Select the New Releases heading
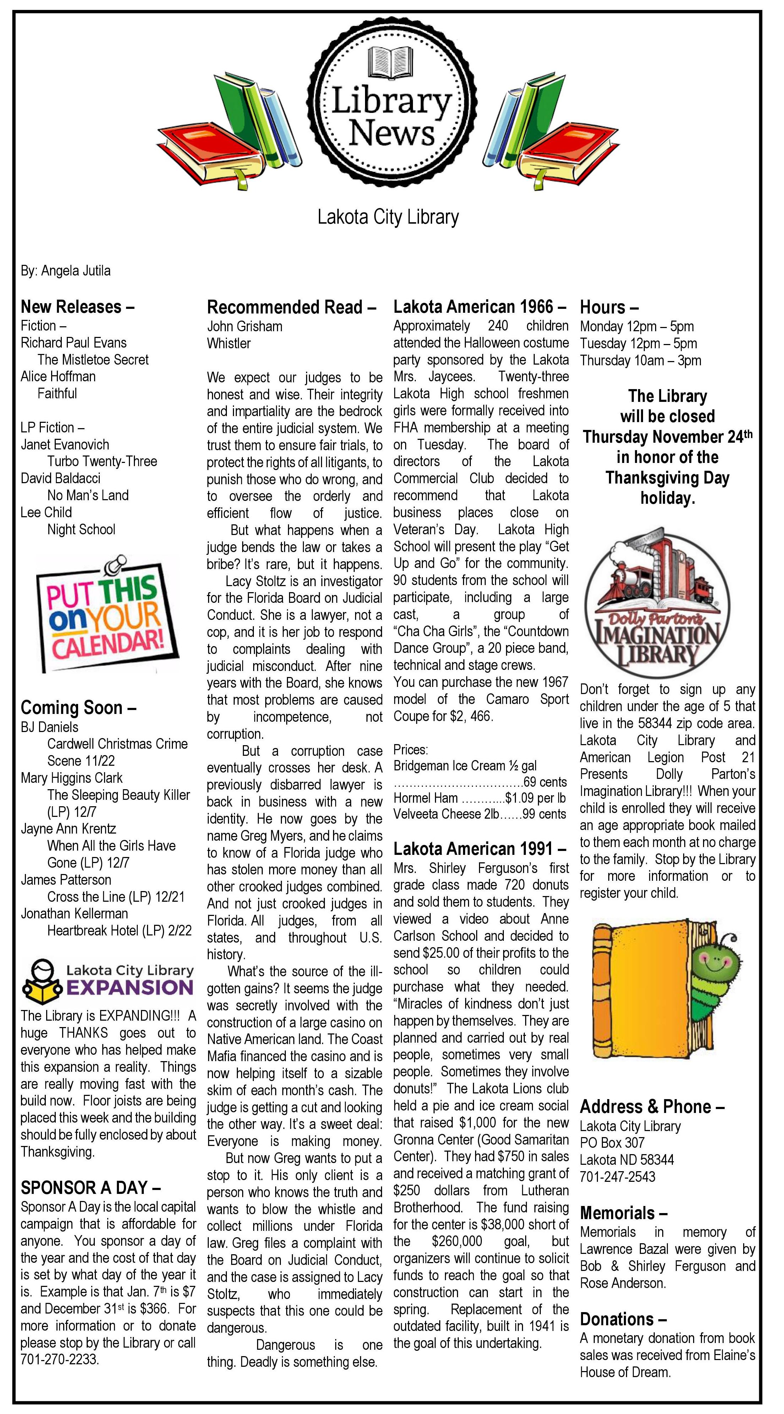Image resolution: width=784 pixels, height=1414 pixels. click(x=77, y=306)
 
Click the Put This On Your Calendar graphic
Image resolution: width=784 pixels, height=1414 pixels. click(x=107, y=614)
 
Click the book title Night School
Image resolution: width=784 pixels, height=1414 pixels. click(x=81, y=529)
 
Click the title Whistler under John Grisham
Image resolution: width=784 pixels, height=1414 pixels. click(x=228, y=344)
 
